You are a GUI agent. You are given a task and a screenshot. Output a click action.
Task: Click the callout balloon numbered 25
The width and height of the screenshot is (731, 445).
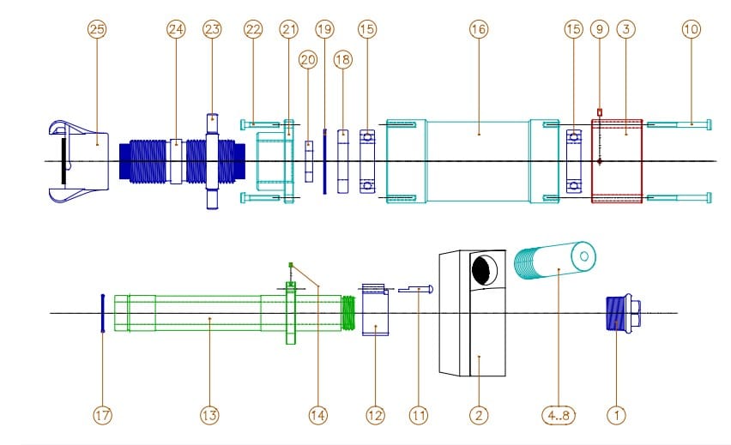[x=97, y=29]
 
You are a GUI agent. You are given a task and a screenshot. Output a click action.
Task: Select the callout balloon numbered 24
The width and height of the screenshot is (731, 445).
[x=176, y=29]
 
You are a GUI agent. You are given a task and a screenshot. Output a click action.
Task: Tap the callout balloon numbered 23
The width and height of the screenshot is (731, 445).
[x=212, y=29]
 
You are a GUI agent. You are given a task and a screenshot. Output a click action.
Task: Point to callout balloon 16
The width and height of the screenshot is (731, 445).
[x=479, y=29]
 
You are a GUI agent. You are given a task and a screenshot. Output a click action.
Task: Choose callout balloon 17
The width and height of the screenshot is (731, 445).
[x=102, y=415]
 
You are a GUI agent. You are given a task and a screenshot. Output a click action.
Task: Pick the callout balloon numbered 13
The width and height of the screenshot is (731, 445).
[x=209, y=415]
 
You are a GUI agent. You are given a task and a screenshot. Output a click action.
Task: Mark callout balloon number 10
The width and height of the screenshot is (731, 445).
[x=691, y=29]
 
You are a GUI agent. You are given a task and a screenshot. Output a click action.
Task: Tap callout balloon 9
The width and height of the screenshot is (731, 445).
[x=600, y=29]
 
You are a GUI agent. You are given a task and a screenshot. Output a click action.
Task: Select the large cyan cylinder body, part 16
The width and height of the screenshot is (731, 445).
[x=478, y=161]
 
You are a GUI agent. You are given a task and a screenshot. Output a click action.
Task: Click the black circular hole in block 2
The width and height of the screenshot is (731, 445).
[x=482, y=271]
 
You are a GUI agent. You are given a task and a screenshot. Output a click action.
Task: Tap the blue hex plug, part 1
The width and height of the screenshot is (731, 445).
[x=618, y=313]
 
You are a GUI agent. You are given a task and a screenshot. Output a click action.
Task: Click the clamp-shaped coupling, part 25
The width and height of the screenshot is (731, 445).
[x=82, y=161]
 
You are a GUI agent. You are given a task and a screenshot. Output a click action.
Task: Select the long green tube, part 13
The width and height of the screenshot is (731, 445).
[x=206, y=313]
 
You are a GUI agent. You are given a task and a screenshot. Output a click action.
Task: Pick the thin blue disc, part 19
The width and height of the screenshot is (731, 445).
[x=324, y=161]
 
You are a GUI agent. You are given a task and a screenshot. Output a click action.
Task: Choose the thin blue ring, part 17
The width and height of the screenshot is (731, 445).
[x=102, y=313]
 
